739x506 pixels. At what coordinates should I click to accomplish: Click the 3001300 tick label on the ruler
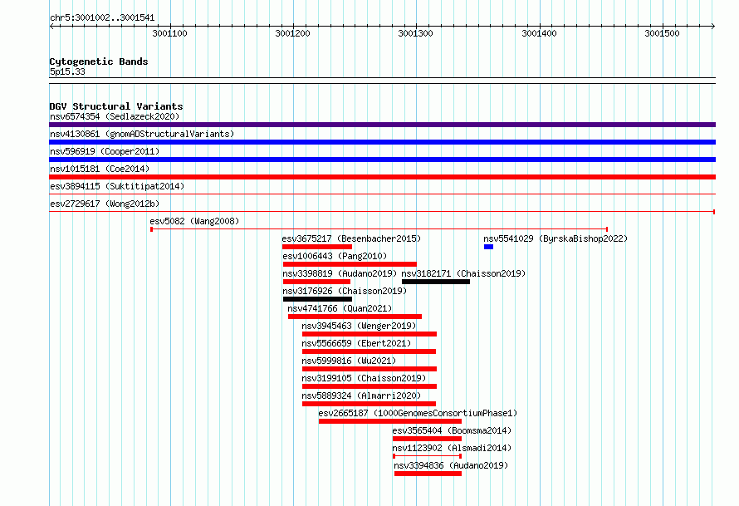click(x=415, y=33)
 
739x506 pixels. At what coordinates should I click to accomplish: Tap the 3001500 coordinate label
click(x=662, y=33)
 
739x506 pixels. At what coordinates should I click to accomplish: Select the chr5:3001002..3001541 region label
click(x=102, y=18)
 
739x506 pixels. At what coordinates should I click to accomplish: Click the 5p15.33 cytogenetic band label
click(x=67, y=71)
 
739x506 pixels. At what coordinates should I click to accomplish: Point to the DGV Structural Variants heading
click(x=116, y=106)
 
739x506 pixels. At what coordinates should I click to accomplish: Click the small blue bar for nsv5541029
click(x=488, y=247)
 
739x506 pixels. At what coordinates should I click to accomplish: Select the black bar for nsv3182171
click(x=435, y=282)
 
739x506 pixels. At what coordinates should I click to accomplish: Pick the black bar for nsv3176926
click(x=317, y=299)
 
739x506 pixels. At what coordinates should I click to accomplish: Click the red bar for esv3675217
click(x=317, y=247)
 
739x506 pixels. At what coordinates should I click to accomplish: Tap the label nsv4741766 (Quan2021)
click(x=340, y=308)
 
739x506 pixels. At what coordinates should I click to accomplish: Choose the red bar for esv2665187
click(x=389, y=421)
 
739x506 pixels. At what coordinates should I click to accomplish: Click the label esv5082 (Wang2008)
click(x=194, y=221)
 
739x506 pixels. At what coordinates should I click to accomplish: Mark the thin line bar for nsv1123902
click(x=427, y=456)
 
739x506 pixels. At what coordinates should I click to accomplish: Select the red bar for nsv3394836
click(x=428, y=474)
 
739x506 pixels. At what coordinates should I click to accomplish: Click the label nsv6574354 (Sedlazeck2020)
click(x=115, y=116)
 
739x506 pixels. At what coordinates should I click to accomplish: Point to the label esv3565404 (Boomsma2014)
click(x=452, y=430)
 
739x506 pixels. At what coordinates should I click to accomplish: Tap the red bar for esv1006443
click(x=350, y=264)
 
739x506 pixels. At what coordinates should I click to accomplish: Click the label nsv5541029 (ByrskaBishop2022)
click(x=555, y=238)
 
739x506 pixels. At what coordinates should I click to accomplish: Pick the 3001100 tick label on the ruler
click(x=169, y=33)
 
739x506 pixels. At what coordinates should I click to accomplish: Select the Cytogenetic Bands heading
click(x=99, y=61)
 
